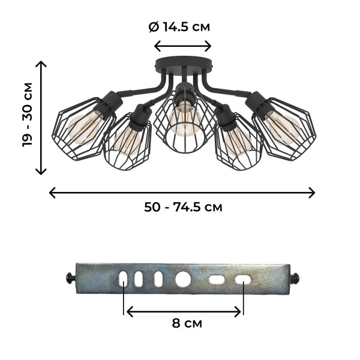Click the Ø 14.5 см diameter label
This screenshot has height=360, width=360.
click(179, 27)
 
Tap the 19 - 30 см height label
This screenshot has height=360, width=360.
click(28, 115)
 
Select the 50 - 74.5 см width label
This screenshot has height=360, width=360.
click(183, 207)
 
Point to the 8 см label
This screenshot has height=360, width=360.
click(187, 323)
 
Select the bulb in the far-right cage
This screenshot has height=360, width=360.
click(283, 127)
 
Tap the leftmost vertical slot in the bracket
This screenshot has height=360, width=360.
click(123, 279)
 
